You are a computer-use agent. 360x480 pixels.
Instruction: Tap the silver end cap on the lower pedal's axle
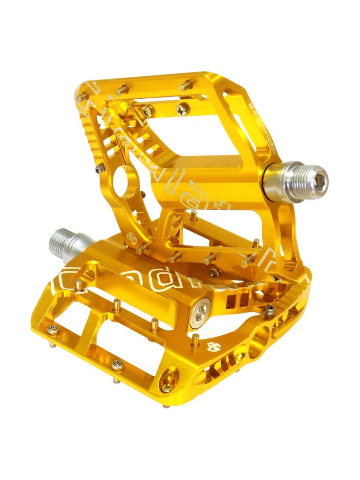199,315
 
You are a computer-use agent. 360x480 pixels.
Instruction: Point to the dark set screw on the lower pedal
270,309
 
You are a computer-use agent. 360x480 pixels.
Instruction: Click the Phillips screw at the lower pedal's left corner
52,329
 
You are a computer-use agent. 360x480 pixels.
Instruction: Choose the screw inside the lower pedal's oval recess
167,387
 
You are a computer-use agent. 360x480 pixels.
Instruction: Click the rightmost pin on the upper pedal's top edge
185,85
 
